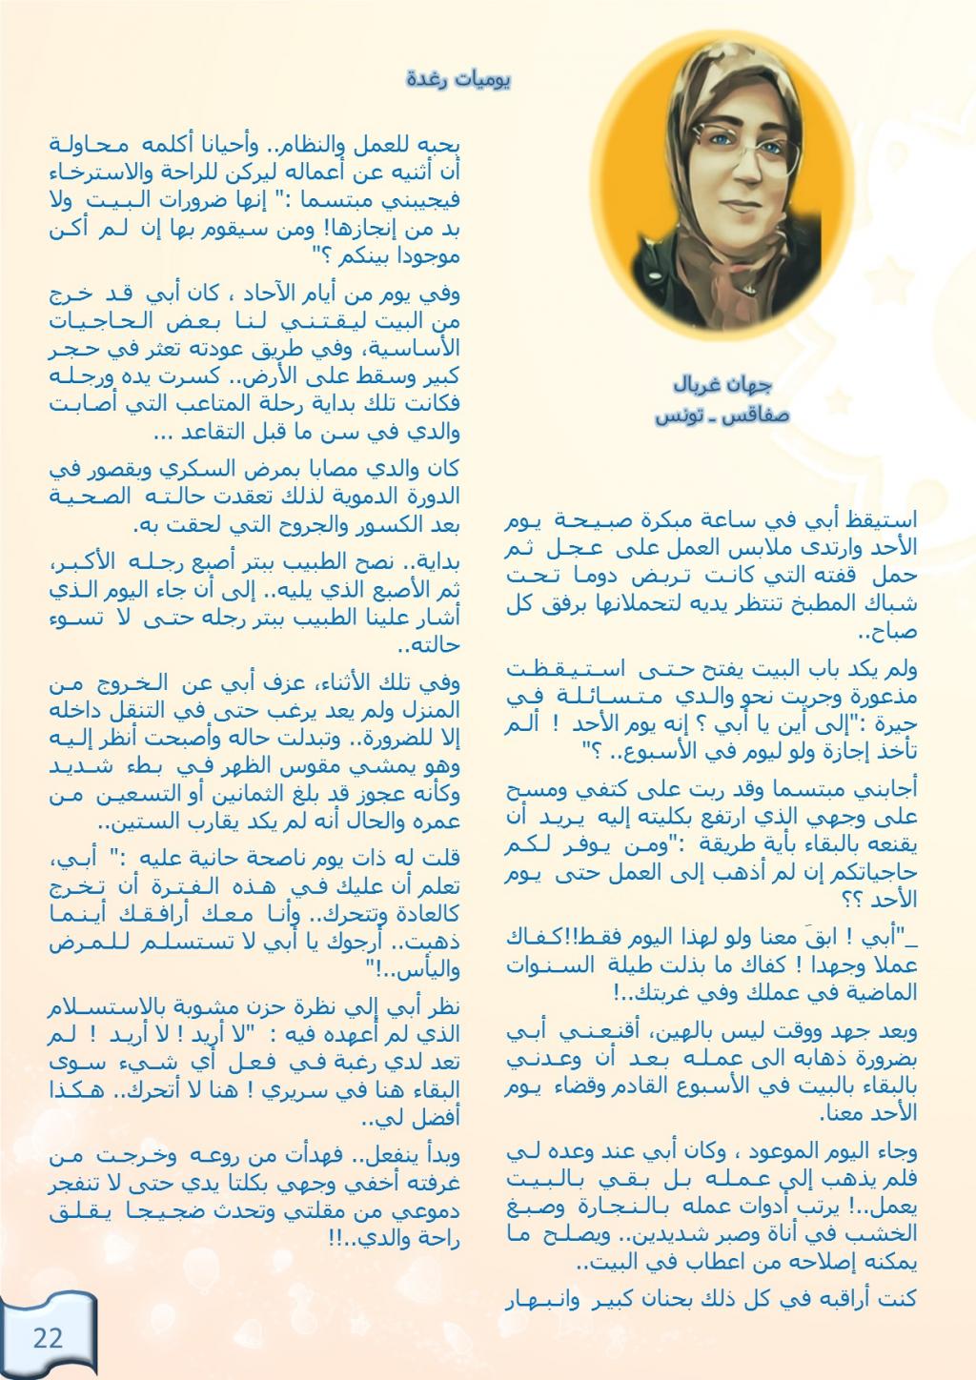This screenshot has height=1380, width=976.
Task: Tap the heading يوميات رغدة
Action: click(458, 79)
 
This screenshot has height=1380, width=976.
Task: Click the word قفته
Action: click(843, 575)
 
